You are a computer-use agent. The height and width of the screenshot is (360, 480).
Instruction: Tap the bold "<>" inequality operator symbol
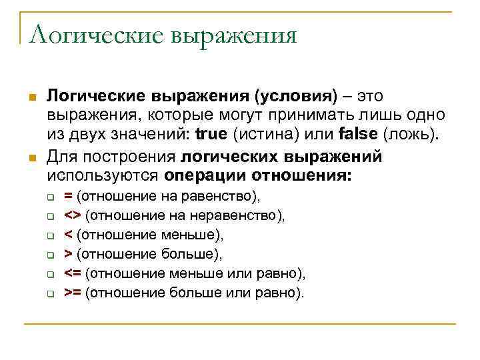click(73, 215)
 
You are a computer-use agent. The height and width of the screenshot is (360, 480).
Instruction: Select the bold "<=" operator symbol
click(73, 273)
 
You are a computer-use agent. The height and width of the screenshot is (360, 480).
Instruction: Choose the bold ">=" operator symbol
click(73, 292)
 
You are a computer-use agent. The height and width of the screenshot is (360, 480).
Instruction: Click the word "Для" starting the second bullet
click(62, 157)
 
